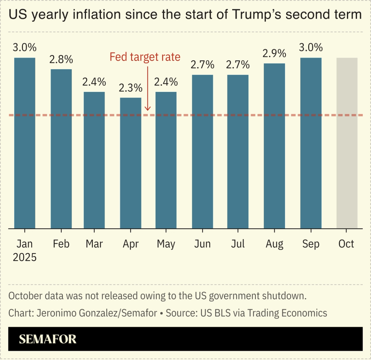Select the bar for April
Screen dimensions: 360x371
pos(130,163)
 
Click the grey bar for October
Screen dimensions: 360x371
pos(347,143)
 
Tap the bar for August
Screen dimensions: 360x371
pos(274,146)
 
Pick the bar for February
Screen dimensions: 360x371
pos(61,149)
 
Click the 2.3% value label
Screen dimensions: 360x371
pos(130,88)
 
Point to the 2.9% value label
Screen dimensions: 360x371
pos(274,54)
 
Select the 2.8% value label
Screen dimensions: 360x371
pos(61,60)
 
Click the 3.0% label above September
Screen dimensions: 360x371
pos(311,48)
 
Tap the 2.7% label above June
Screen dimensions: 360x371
pos(202,65)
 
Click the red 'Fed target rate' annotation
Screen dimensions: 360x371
pos(145,57)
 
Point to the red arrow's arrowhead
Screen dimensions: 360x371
pos(147,109)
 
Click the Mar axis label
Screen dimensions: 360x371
pos(94,244)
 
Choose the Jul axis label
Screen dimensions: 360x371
pos(238,244)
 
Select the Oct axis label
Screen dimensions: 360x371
pos(346,244)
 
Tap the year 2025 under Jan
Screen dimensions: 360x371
pos(24,258)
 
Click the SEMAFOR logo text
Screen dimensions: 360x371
pos(48,339)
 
